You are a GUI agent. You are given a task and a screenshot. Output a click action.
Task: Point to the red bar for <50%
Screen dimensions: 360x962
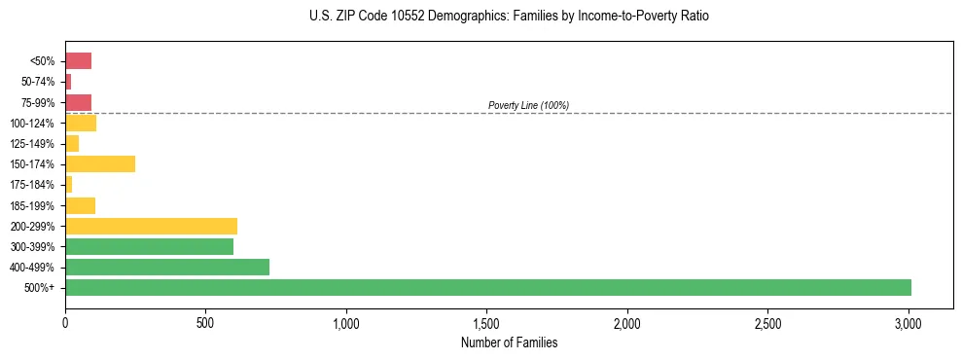(78, 61)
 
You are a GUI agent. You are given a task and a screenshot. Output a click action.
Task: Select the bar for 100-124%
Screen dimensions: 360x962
(81, 123)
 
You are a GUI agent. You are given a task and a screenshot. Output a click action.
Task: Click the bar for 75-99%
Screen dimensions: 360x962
(78, 102)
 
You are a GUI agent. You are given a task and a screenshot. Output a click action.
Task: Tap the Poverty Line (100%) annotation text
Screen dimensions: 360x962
(528, 105)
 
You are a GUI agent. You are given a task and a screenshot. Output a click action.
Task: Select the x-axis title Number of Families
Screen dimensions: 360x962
(510, 342)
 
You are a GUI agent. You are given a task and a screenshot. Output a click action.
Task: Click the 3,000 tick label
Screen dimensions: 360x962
(909, 322)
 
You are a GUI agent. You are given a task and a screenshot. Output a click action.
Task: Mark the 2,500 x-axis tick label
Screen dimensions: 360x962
(768, 322)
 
